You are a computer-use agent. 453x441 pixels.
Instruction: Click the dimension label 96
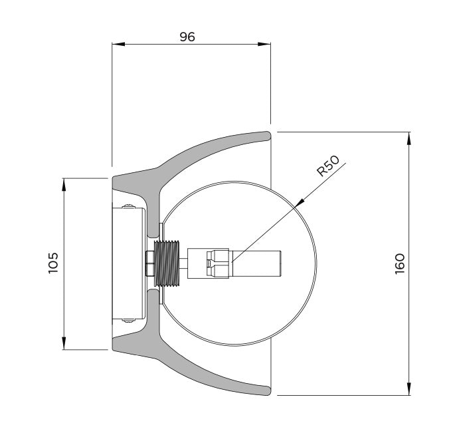click(187, 37)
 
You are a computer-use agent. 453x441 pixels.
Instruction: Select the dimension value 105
click(53, 263)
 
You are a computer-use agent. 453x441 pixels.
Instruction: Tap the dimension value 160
click(400, 263)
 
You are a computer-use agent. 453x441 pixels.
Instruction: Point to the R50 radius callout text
click(328, 166)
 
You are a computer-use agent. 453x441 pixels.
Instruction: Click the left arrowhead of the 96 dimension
click(118, 44)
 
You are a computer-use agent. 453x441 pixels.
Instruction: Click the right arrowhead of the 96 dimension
click(264, 44)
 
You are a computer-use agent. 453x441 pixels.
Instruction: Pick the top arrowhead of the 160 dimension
click(408, 138)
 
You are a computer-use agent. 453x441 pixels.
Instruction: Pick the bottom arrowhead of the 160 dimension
click(408, 388)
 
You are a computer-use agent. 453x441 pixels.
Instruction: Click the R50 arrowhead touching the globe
click(300, 203)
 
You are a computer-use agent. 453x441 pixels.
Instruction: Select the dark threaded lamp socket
click(167, 263)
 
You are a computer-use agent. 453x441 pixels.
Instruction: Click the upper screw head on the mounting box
click(129, 206)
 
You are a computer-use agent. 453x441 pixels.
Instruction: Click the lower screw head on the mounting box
click(129, 320)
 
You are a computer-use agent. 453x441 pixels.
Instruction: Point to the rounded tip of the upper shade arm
click(268, 136)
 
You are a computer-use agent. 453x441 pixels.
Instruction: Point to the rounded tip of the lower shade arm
click(268, 390)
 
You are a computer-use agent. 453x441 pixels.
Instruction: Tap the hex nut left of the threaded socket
click(150, 263)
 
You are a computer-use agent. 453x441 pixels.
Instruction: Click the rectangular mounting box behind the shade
click(129, 263)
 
